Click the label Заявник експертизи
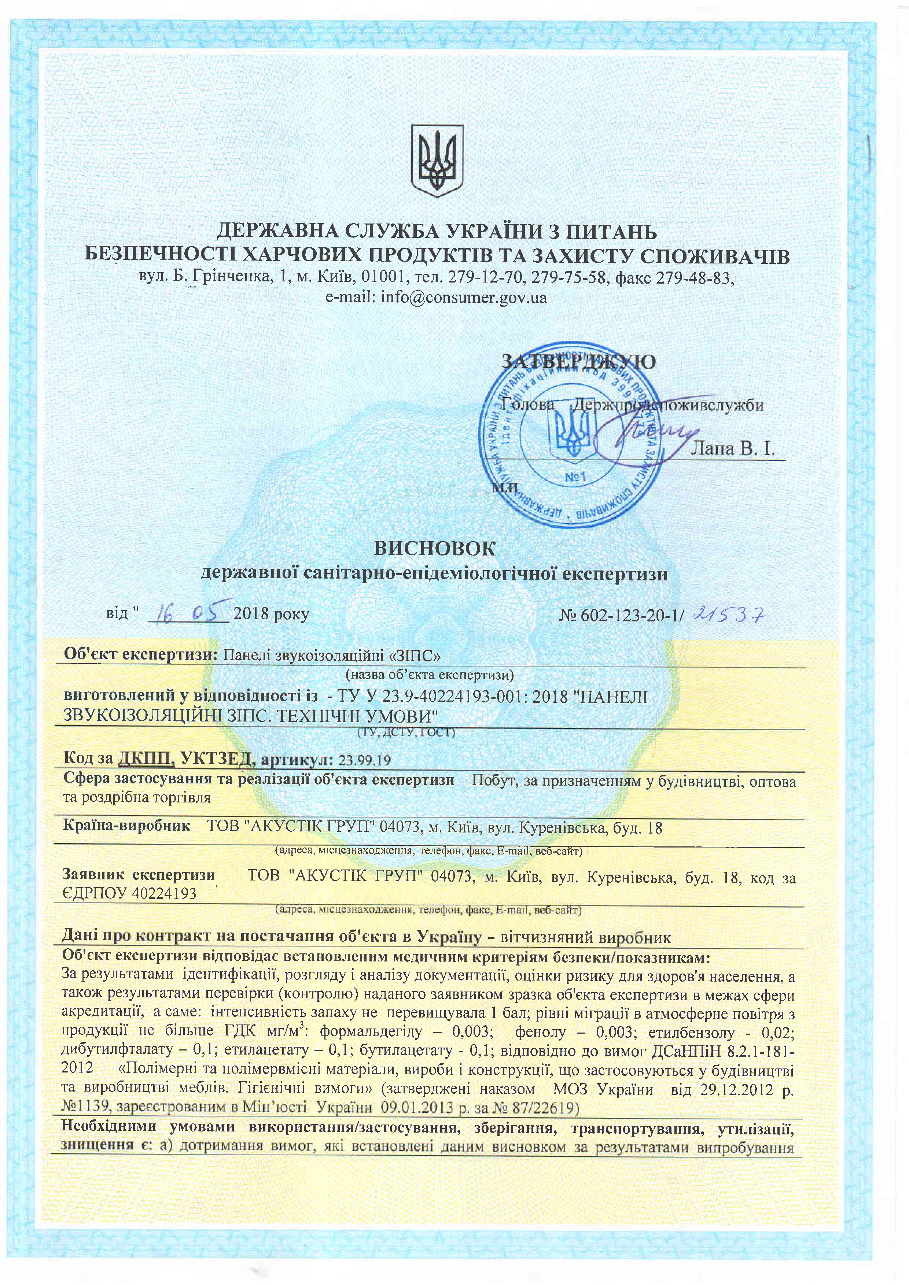pos(139,875)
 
